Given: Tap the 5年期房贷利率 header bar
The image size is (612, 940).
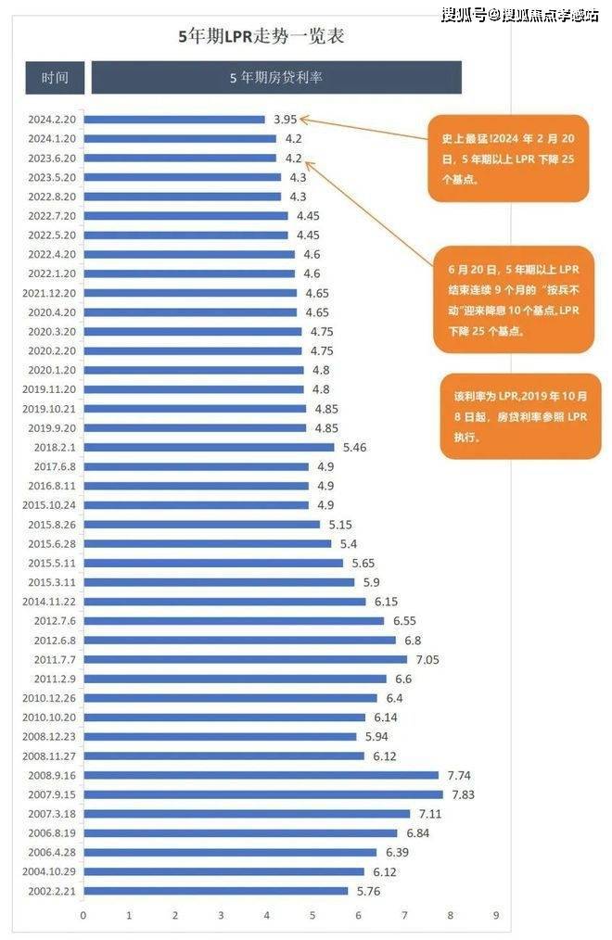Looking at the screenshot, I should tap(275, 78).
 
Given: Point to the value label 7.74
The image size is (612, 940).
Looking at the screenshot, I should tap(461, 775).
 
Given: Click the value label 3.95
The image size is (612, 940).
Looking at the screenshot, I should tap(285, 119).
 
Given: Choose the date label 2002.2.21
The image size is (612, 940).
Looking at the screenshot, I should tap(54, 891).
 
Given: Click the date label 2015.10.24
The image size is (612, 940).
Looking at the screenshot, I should tap(53, 505).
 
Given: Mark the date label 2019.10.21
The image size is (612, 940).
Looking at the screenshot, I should tap(53, 408).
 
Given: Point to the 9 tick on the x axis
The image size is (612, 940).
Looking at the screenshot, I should tap(496, 915).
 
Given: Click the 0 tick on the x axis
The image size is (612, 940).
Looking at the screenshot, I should tap(83, 915).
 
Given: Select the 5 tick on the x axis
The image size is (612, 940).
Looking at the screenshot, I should tap(312, 915).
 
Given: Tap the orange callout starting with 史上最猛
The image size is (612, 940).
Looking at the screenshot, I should tap(507, 159).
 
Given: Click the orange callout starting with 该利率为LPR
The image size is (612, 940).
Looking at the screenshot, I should tap(520, 415).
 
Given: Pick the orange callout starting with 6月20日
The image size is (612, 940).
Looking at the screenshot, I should tap(513, 299).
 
